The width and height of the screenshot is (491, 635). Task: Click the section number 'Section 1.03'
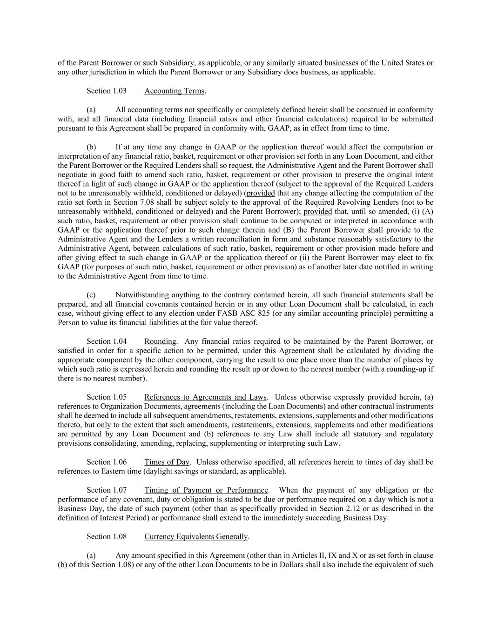pos(106,91)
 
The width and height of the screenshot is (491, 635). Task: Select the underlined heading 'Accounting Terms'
pos(174,91)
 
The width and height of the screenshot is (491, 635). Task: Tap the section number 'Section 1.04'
pos(106,341)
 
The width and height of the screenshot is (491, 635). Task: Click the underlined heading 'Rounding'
pos(160,341)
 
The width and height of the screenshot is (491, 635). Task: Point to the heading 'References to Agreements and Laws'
pos(205,397)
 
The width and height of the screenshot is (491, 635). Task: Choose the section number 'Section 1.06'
pos(106,462)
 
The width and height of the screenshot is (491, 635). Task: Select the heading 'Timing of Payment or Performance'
pos(206,490)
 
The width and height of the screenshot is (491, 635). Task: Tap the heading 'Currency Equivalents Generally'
pos(195,536)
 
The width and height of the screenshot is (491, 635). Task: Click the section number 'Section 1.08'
pos(106,536)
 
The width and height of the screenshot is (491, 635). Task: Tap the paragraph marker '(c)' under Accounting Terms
pos(91,295)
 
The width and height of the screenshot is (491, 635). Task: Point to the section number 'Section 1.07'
pos(106,490)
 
